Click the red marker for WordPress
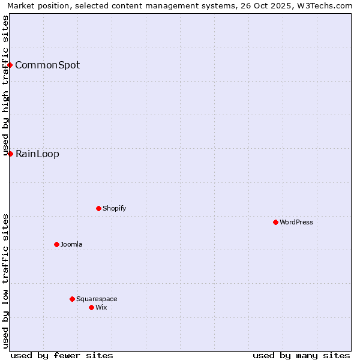[275, 222]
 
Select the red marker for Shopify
[98, 208]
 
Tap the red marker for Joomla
[56, 244]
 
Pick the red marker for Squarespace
[72, 299]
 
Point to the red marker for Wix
[91, 307]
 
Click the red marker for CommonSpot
[10, 65]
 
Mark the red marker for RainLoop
[10, 154]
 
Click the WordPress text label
[296, 222]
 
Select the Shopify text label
[114, 208]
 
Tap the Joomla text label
[71, 244]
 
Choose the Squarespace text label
[97, 299]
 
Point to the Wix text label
[101, 307]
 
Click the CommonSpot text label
[47, 65]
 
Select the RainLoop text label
[37, 154]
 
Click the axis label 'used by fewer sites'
[62, 355]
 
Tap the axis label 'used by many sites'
[301, 355]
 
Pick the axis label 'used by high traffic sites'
[5, 85]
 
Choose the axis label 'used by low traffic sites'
[5, 281]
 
